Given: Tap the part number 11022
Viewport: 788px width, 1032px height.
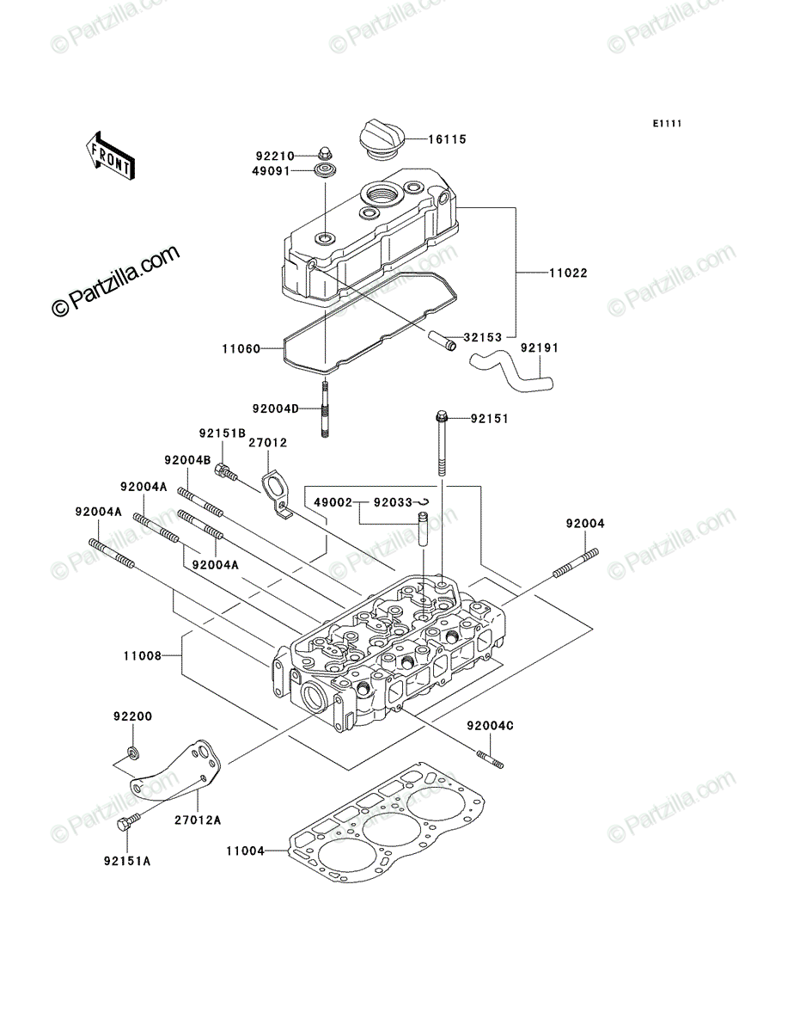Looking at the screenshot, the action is (x=568, y=273).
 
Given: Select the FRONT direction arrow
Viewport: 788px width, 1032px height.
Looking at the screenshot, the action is (x=110, y=157).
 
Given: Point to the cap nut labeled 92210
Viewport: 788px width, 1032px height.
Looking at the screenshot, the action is (x=323, y=154).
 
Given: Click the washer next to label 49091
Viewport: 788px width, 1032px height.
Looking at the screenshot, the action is (x=325, y=170).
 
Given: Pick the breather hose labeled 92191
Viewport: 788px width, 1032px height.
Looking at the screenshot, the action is (x=511, y=373).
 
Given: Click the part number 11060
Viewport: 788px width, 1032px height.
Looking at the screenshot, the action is (x=241, y=349).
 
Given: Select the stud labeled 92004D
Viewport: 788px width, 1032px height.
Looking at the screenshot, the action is (x=325, y=408).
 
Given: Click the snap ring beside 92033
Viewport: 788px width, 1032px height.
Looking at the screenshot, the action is (x=423, y=501).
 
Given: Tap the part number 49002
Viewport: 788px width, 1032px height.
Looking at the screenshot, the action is (x=333, y=502).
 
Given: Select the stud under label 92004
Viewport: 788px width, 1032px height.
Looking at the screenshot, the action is (x=576, y=563).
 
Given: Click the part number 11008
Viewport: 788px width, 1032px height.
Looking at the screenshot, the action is (x=143, y=656).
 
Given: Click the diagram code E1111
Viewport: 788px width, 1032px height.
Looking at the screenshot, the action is (x=667, y=124).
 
